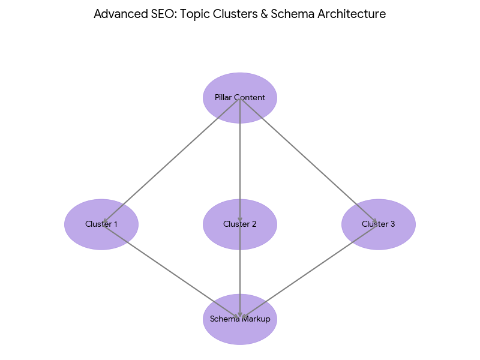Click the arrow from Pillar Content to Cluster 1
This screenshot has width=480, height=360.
171,161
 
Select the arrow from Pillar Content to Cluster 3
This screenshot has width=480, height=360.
309,161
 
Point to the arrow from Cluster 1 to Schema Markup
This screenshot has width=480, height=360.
171,271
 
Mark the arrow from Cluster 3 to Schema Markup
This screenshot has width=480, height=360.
309,271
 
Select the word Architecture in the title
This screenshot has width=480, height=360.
354,14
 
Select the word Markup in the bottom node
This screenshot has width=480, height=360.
257,319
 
